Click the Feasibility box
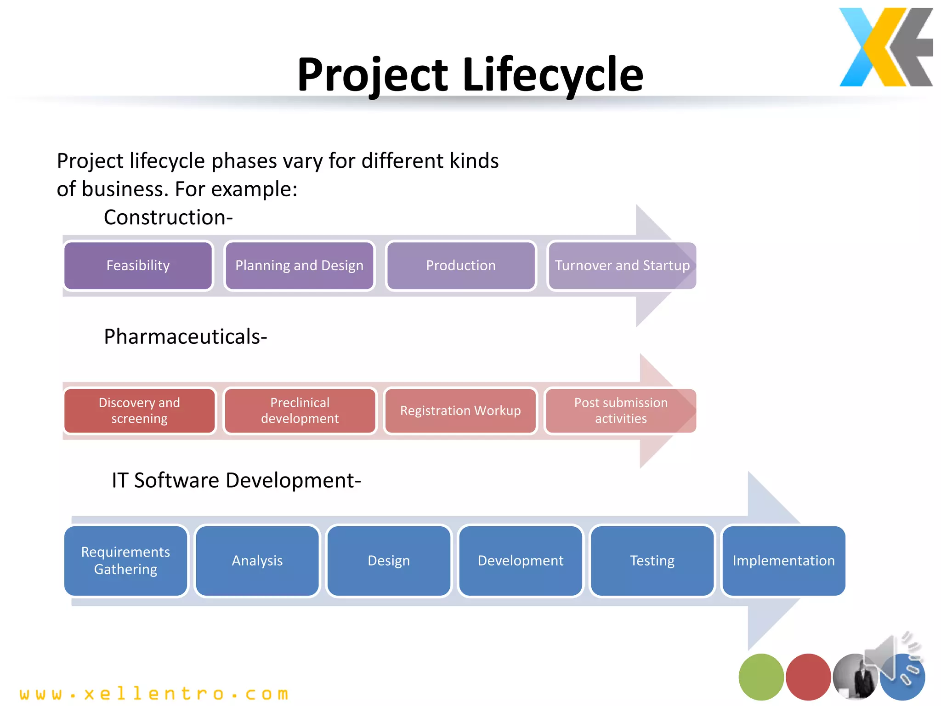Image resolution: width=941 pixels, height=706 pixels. (x=138, y=266)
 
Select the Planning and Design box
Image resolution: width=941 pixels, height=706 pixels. (x=299, y=266)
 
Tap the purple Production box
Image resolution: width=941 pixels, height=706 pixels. (x=461, y=266)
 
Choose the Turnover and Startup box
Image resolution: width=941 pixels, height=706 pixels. (x=622, y=266)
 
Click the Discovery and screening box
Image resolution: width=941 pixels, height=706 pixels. (x=139, y=410)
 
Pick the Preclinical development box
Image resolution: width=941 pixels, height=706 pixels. (x=300, y=410)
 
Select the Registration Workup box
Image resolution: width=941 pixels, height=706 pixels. (x=460, y=410)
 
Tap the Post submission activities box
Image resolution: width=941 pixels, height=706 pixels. (x=620, y=410)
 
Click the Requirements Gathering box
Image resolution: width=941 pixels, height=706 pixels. (x=125, y=561)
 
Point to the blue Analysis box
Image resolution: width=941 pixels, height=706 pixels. (x=257, y=561)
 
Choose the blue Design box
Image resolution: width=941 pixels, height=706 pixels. (x=389, y=561)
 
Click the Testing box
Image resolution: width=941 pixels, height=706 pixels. (x=652, y=561)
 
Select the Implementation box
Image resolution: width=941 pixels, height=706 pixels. (x=783, y=561)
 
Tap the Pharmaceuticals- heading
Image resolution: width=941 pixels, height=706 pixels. (x=185, y=336)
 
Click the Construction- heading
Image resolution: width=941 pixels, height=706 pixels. (x=168, y=217)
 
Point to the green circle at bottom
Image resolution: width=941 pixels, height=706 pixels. (x=761, y=677)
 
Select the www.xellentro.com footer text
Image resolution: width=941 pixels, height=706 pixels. (x=154, y=694)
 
